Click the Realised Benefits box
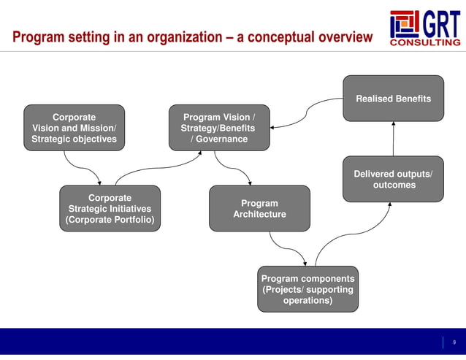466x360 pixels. coord(393,99)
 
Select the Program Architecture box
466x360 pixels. coord(259,209)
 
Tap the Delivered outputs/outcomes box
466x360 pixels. coord(393,179)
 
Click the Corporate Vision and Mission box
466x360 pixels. coord(74,128)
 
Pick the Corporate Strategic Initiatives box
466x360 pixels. coord(110,209)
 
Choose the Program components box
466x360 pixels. coord(308,289)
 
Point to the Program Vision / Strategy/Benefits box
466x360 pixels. coord(218,128)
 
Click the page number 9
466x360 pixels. coord(454,342)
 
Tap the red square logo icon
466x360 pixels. coord(404,24)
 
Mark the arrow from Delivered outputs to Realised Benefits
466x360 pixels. coord(393,139)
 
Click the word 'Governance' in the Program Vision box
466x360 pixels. coord(223,139)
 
